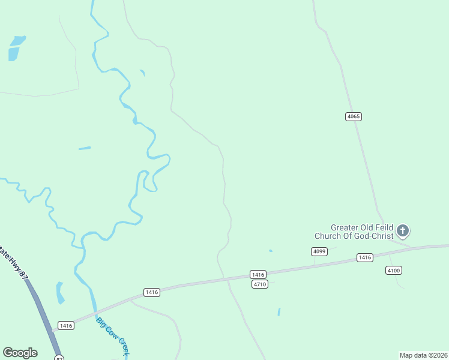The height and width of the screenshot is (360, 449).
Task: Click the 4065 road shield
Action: point(354,116)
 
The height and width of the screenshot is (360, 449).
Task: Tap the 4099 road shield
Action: point(319,251)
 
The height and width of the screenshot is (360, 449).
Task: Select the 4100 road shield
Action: point(394,271)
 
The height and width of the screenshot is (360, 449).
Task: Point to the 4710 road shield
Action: point(259,284)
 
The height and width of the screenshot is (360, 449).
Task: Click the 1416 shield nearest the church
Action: point(364,257)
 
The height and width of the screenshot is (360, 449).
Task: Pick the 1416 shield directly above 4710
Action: point(259,274)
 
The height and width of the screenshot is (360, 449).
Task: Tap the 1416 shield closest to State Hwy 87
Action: point(66,326)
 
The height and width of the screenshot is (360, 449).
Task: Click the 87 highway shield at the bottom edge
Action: point(58,358)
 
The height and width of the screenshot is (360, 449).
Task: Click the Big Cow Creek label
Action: point(113,336)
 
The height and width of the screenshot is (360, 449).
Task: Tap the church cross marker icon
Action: point(403,230)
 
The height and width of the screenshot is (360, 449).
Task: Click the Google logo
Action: point(20,353)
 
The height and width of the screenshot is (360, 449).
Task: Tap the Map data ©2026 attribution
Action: point(423,355)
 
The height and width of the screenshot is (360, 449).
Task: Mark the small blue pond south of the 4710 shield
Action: point(279,312)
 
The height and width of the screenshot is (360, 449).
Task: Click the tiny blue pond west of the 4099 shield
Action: point(271,251)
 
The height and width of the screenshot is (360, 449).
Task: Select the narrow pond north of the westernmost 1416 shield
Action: point(60,293)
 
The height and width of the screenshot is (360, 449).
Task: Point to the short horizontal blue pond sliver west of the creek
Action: point(85,148)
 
